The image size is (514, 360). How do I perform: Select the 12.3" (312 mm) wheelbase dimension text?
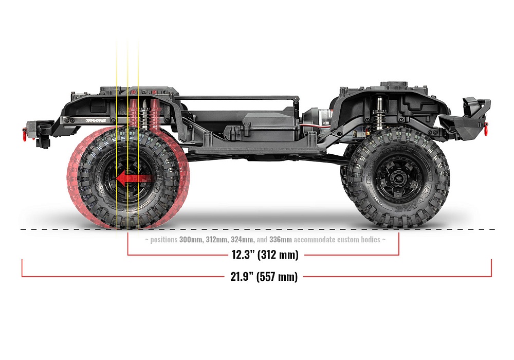263,254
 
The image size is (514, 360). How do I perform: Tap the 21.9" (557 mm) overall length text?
263,276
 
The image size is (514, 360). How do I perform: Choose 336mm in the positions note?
281,240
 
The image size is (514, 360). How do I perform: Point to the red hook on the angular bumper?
486,124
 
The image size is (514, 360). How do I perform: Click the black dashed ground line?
257,229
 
